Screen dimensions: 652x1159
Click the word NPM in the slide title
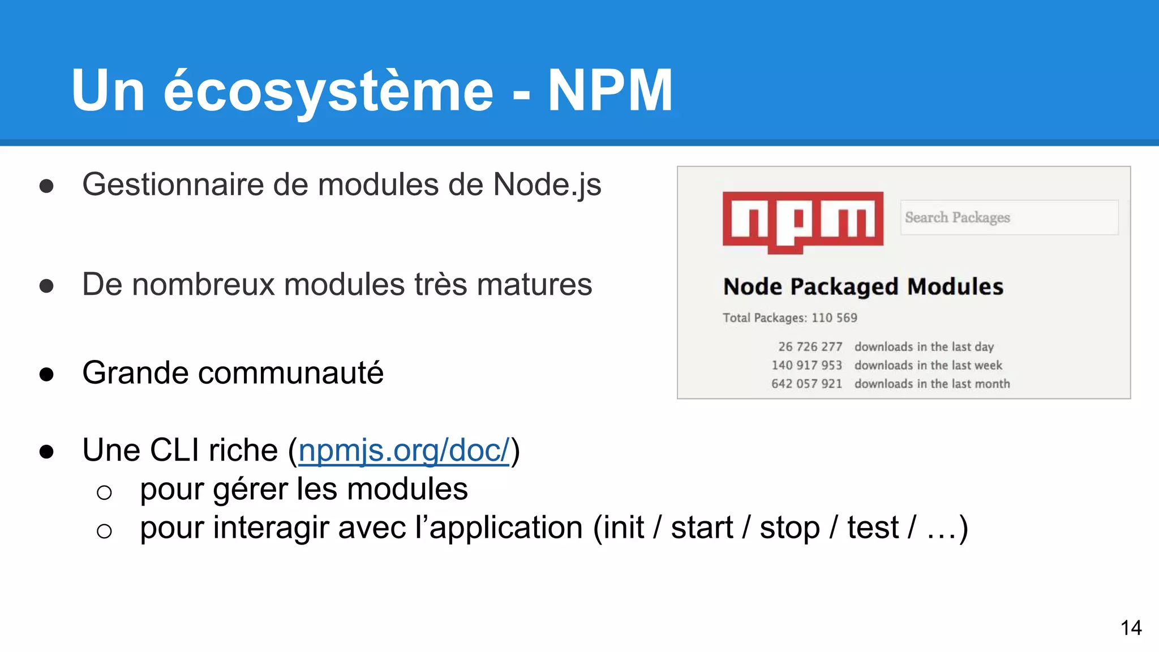pos(610,91)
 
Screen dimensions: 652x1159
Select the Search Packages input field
pos(1009,217)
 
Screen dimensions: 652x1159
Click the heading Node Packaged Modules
pos(863,287)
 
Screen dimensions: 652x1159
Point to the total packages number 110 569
pos(834,318)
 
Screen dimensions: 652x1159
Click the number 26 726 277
pos(810,346)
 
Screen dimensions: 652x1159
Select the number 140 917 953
pos(806,365)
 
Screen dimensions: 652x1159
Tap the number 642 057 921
pos(806,384)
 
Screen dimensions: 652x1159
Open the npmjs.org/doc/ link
pos(403,451)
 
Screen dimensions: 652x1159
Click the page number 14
pos(1131,628)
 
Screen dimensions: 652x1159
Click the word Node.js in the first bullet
pos(547,185)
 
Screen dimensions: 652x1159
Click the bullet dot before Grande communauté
pos(46,374)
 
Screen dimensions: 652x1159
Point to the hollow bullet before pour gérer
pos(104,492)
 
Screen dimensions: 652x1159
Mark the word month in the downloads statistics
pos(993,384)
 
